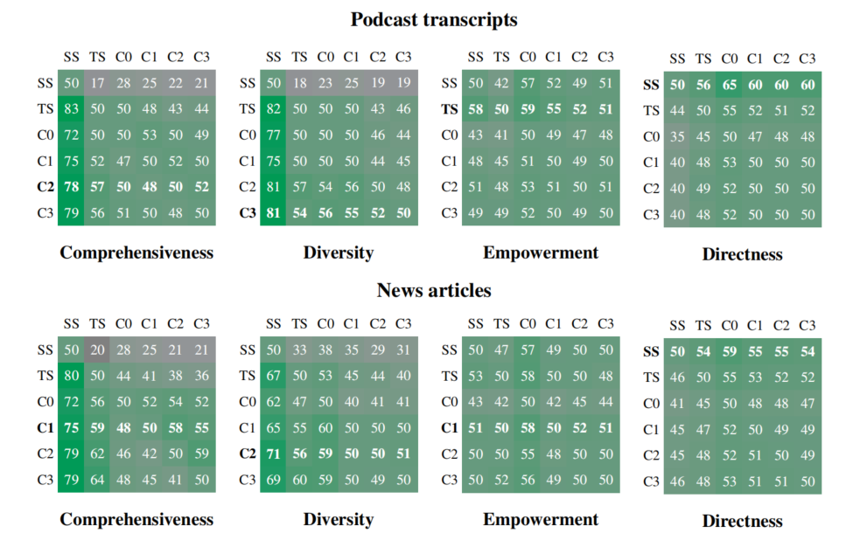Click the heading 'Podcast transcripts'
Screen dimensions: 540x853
[x=434, y=19]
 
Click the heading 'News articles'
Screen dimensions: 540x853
[x=434, y=290]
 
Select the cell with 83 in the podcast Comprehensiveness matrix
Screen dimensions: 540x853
[x=72, y=109]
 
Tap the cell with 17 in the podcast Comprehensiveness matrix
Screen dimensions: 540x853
[x=97, y=84]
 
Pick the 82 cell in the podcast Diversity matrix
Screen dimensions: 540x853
[x=274, y=109]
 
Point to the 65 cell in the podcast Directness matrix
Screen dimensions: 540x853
[x=730, y=85]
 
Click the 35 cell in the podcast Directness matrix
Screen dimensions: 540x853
[x=678, y=136]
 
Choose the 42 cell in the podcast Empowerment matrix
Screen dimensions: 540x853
[x=501, y=84]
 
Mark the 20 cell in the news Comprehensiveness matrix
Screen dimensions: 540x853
[x=97, y=350]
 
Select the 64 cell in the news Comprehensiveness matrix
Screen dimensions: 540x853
[x=97, y=480]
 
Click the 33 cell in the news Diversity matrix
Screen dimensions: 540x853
[x=299, y=350]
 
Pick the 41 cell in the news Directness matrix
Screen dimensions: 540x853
[x=678, y=404]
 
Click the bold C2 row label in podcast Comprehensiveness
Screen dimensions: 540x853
[x=45, y=187]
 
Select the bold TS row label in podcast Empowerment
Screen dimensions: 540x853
[x=450, y=109]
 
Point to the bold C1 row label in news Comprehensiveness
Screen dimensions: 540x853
[x=45, y=428]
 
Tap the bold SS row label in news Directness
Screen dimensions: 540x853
[x=651, y=352]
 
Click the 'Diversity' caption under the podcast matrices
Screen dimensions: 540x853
[x=339, y=253]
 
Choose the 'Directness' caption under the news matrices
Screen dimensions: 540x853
[x=742, y=522]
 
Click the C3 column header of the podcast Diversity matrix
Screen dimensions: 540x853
[x=402, y=58]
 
